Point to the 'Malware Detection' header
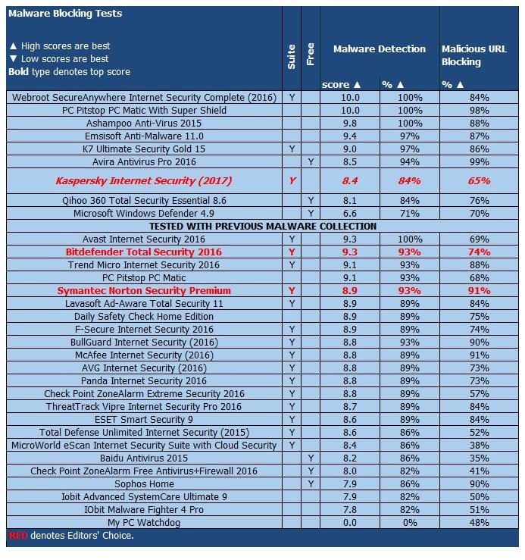point(379,48)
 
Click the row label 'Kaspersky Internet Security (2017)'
point(144,181)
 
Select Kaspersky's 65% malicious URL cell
point(479,181)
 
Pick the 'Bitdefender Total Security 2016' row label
point(144,252)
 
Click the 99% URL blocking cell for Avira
point(479,161)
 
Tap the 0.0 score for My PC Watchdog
point(349,522)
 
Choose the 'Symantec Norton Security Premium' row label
point(144,290)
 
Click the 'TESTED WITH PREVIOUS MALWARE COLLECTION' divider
point(263,226)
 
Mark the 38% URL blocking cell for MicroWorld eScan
point(479,445)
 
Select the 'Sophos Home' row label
point(144,483)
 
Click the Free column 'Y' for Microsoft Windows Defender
point(311,213)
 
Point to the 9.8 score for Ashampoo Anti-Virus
point(349,123)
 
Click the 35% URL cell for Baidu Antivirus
point(479,458)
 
